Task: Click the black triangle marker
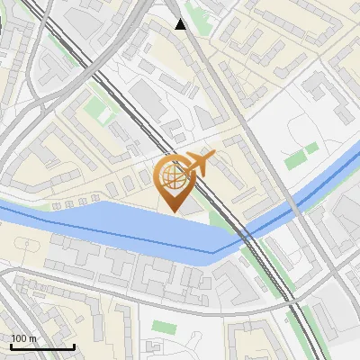pos(181,24)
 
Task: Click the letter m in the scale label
pos(33,338)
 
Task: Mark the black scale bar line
pos(42,346)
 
